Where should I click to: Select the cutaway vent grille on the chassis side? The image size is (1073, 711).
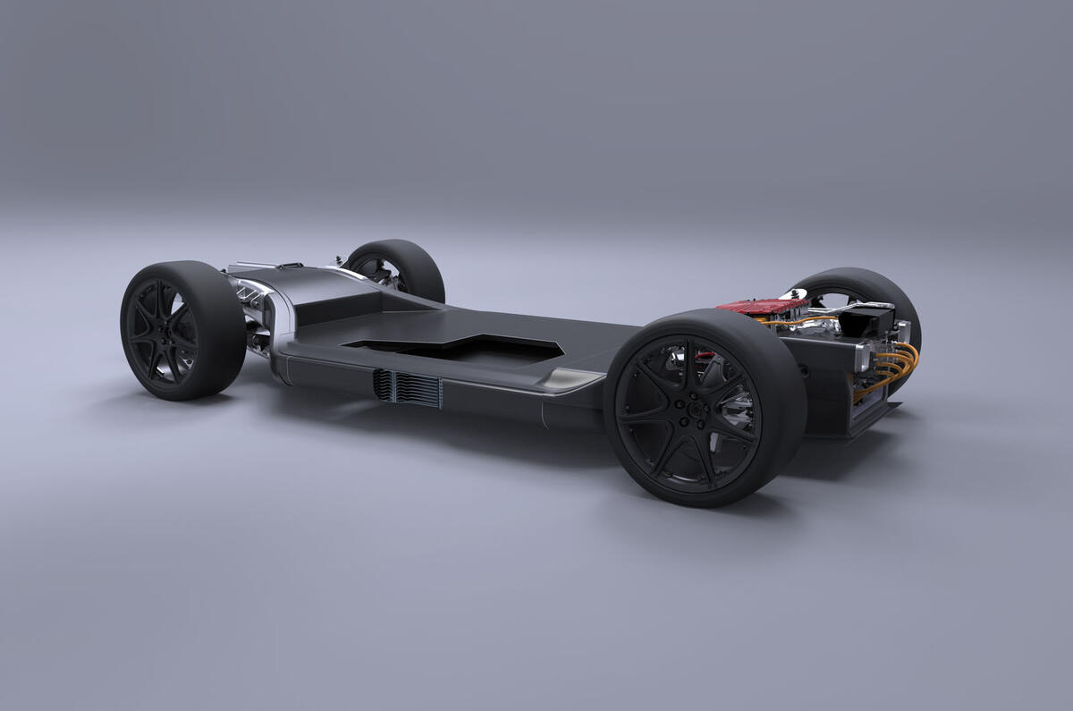coord(408,388)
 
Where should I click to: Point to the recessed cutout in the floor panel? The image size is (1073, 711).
coord(456,349)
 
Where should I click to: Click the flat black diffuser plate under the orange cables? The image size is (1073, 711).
coord(872,417)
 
